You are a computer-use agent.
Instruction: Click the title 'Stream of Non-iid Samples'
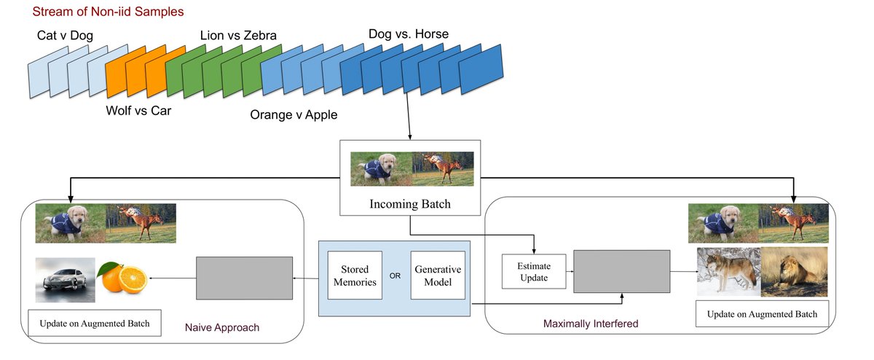(108, 12)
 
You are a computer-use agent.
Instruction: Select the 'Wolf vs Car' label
(138, 111)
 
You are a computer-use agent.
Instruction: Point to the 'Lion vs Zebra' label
(238, 35)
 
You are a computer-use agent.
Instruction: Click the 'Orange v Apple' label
(294, 115)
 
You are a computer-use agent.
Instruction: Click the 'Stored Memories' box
(355, 275)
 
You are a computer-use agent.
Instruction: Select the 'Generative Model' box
(438, 275)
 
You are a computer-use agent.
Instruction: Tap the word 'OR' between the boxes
(396, 276)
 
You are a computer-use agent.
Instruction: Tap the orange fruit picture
(123, 278)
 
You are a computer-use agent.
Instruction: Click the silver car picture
(66, 279)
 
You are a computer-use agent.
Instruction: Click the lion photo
(794, 272)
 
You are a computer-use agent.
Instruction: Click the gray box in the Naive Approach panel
(244, 278)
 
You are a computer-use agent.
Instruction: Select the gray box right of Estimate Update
(621, 271)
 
